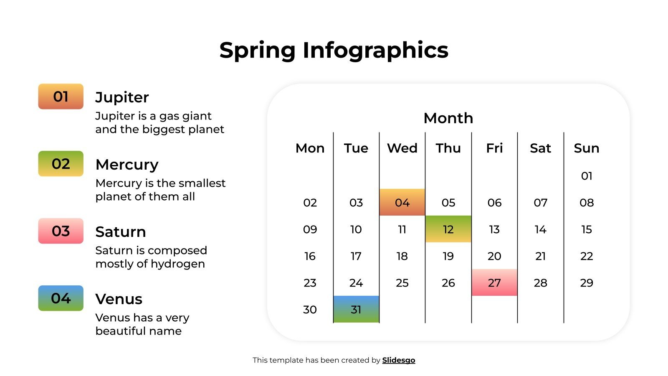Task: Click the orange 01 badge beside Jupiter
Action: click(x=61, y=97)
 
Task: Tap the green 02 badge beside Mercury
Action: click(x=61, y=164)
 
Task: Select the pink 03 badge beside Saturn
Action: click(x=61, y=231)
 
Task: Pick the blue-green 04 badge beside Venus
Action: click(x=61, y=298)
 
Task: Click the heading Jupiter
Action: click(x=122, y=97)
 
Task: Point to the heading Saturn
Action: click(x=120, y=232)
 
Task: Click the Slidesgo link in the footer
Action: click(x=398, y=360)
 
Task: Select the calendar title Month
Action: click(x=448, y=118)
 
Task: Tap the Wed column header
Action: click(x=402, y=148)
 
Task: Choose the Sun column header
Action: click(x=586, y=148)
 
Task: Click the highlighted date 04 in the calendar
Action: click(x=402, y=203)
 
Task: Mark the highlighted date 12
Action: click(x=448, y=229)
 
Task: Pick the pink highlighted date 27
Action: click(x=494, y=283)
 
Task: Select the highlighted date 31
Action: click(x=356, y=310)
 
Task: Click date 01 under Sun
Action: click(x=586, y=176)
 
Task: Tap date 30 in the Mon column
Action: click(x=310, y=310)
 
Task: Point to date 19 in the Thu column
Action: click(x=448, y=256)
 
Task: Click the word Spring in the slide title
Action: click(x=257, y=51)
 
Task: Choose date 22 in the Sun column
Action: click(x=586, y=256)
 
